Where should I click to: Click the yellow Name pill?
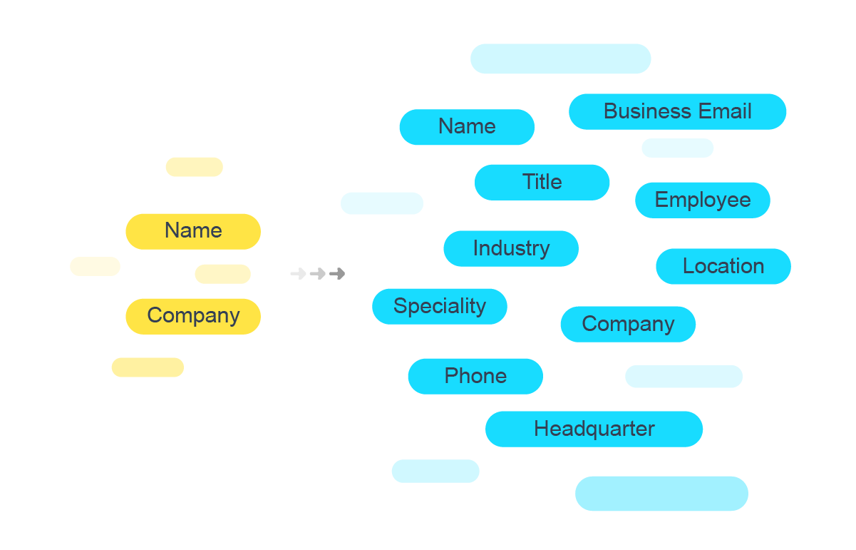point(193,231)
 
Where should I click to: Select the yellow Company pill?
point(193,316)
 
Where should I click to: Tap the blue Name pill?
point(467,127)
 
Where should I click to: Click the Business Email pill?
point(677,112)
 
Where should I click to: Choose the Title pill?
point(542,183)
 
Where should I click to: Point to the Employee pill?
point(702,200)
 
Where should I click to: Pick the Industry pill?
point(511,249)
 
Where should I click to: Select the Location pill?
point(723,267)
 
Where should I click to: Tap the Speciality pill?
point(440,307)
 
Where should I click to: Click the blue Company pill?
point(628,325)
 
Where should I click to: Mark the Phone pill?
point(475,377)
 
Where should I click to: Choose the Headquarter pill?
point(594,429)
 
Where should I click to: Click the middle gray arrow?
point(318,273)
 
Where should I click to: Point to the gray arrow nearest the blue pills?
point(337,273)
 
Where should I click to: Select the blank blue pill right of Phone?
point(684,377)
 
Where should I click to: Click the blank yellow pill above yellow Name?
point(194,167)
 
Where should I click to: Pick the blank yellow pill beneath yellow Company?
point(148,367)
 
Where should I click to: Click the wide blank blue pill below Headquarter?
point(661,494)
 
